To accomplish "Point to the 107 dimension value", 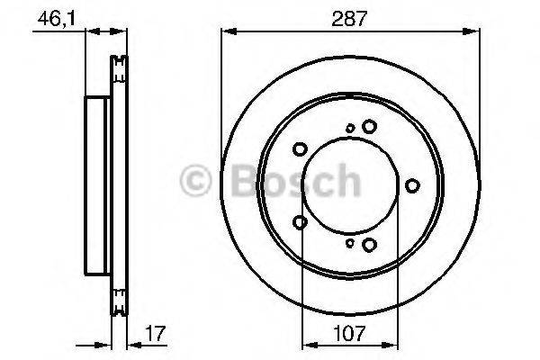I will coord(348,333).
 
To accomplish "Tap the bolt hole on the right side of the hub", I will coord(412,185).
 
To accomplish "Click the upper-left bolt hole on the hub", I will coord(301,149).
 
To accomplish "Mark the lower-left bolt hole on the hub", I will coord(301,222).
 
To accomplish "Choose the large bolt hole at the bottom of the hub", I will coord(368,243).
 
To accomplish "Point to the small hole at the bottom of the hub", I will coord(349,242).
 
